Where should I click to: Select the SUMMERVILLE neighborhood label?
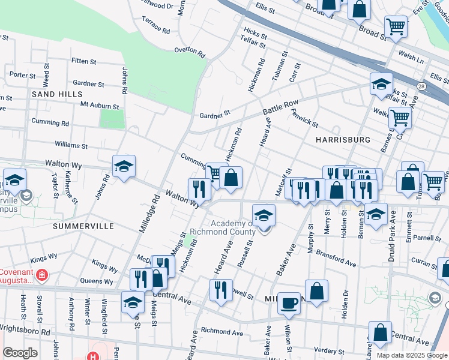83,226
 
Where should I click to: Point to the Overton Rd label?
189,50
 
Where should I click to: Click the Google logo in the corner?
20,353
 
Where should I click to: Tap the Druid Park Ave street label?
393,228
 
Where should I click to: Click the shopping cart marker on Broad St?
396,26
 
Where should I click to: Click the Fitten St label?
83,61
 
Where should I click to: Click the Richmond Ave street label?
224,331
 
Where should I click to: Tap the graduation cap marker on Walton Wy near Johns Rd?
124,167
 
